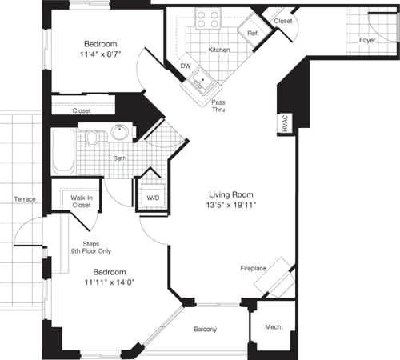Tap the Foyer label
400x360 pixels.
pyautogui.click(x=366, y=39)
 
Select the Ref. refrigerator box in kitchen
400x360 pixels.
pyautogui.click(x=251, y=33)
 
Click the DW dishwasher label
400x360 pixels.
pyautogui.click(x=186, y=66)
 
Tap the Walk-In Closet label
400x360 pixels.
pyautogui.click(x=82, y=201)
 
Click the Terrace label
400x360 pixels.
pyautogui.click(x=24, y=198)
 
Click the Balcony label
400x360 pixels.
pyautogui.click(x=205, y=330)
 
